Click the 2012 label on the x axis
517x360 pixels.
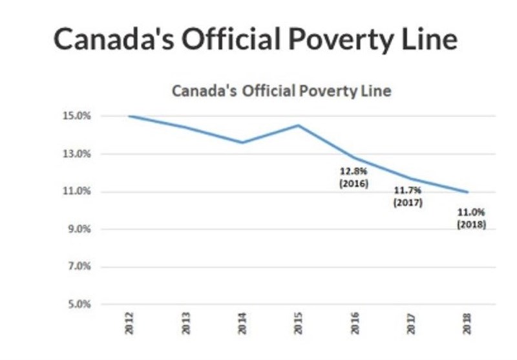click(130, 323)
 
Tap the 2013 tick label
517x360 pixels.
click(186, 323)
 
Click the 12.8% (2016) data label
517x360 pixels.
click(353, 178)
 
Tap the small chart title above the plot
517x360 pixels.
click(281, 91)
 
